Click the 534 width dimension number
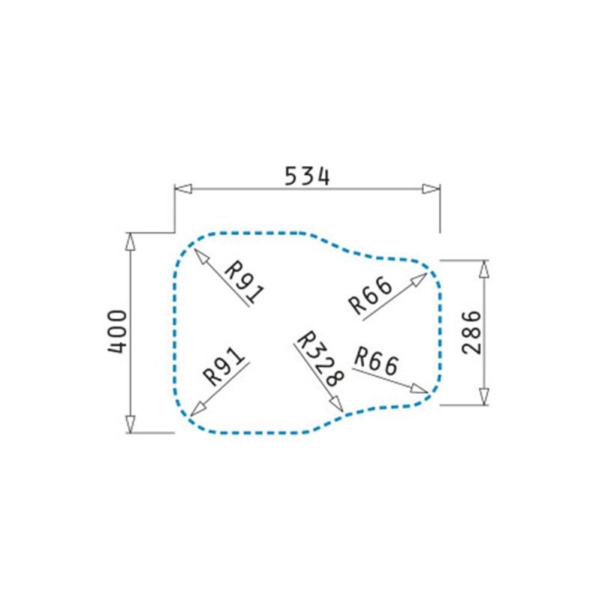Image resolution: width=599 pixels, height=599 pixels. pyautogui.click(x=307, y=177)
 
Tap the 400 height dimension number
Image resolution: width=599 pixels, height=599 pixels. pyautogui.click(x=118, y=332)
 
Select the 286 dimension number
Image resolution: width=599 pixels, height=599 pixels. pyautogui.click(x=472, y=332)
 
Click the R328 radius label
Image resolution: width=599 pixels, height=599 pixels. pyautogui.click(x=320, y=359)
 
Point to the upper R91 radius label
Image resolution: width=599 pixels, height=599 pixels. pyautogui.click(x=244, y=282)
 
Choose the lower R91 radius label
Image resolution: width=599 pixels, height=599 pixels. pyautogui.click(x=223, y=366)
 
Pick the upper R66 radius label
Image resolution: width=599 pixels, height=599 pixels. pyautogui.click(x=371, y=295)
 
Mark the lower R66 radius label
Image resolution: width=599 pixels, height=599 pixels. pyautogui.click(x=377, y=361)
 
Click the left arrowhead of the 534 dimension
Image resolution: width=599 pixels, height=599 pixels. pyautogui.click(x=183, y=189)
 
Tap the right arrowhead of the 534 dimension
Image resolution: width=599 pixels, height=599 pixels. pyautogui.click(x=431, y=189)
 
